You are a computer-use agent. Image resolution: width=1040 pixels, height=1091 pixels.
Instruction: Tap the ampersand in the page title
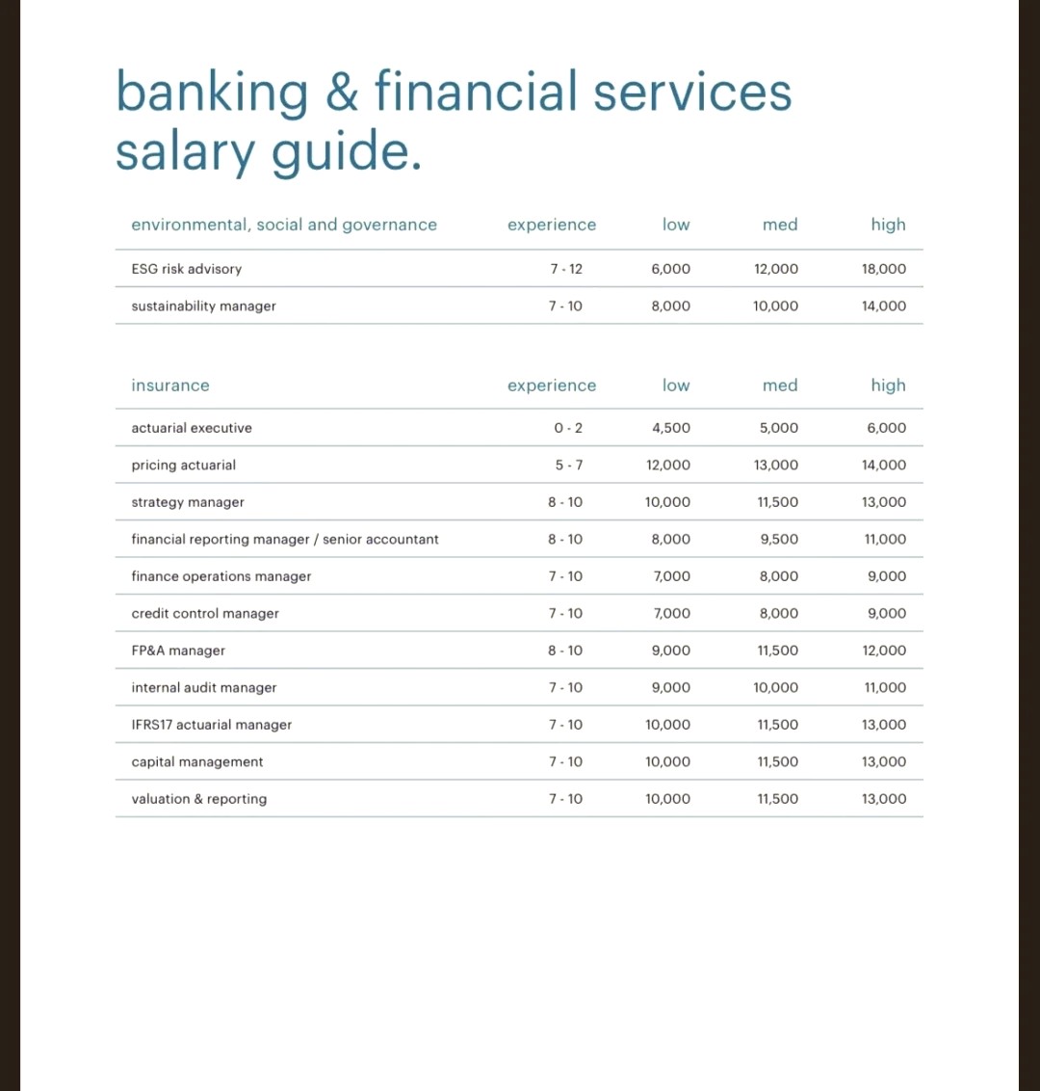[x=341, y=93]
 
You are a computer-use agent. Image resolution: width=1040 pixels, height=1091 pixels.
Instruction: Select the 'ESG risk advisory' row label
[x=187, y=269]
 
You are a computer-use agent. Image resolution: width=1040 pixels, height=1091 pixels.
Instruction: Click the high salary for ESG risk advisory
[x=883, y=269]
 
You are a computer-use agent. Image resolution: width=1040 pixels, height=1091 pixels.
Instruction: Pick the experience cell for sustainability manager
[x=565, y=306]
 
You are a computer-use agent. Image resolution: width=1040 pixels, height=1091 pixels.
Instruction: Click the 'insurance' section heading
[x=170, y=386]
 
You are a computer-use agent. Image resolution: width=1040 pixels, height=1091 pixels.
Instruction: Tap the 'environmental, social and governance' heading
[x=284, y=225]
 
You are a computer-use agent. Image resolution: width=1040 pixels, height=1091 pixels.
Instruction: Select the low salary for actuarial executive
[x=670, y=428]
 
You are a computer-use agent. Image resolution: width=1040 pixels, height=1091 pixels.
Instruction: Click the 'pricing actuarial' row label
[x=184, y=466]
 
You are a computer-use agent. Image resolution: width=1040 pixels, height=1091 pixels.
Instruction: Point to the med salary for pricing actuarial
[x=775, y=466]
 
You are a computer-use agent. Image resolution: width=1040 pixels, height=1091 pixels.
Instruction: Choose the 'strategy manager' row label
[x=188, y=502]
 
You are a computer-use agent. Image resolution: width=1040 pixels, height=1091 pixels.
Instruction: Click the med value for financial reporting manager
[x=778, y=540]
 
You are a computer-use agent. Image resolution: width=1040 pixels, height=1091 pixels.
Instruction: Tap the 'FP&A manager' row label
[x=178, y=651]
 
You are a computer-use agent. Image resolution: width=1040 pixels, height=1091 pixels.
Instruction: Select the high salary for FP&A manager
[x=884, y=651]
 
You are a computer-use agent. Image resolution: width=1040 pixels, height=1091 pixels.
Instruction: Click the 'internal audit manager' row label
[x=204, y=688]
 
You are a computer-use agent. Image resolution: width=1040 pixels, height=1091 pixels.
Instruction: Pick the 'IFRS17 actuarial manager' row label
[x=212, y=725]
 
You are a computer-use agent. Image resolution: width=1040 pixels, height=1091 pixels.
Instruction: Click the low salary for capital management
[x=667, y=762]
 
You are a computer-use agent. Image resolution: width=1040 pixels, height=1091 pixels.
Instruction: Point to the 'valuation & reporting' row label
[x=199, y=799]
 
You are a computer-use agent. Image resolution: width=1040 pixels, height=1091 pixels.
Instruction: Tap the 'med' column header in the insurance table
[x=779, y=386]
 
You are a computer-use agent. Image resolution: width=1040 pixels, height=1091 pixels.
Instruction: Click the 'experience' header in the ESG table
[x=552, y=225]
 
